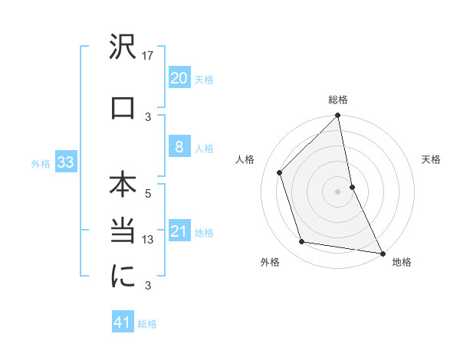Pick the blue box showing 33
point(64,163)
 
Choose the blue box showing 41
point(123,322)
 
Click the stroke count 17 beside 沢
point(149,56)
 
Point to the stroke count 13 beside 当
point(149,241)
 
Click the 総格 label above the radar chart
point(338,100)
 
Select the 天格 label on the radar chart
point(431,159)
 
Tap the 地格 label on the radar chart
point(402,262)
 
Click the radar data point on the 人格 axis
point(280,172)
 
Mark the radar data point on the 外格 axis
point(302,242)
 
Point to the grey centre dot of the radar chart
point(337,191)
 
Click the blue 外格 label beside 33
point(41,164)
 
